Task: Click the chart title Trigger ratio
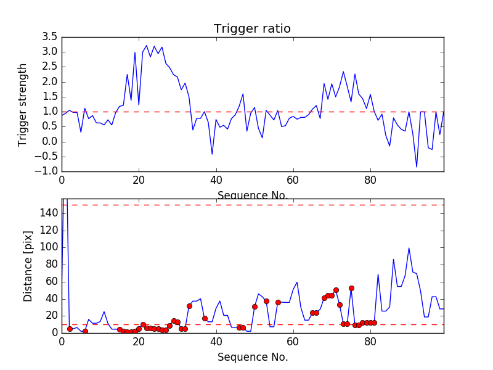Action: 252,29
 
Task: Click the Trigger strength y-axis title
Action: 23,104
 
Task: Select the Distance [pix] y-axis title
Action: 28,266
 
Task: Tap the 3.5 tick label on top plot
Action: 48,37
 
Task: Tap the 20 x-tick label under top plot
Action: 139,181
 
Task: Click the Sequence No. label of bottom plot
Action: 252,357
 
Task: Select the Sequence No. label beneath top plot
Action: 252,195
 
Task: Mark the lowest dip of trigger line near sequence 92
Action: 417,167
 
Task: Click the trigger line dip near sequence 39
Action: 212,154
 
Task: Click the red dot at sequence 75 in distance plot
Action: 351,288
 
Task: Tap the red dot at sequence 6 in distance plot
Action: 85,331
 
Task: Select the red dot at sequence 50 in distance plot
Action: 255,306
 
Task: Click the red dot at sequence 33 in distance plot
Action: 189,306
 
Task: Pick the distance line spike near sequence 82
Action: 378,274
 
